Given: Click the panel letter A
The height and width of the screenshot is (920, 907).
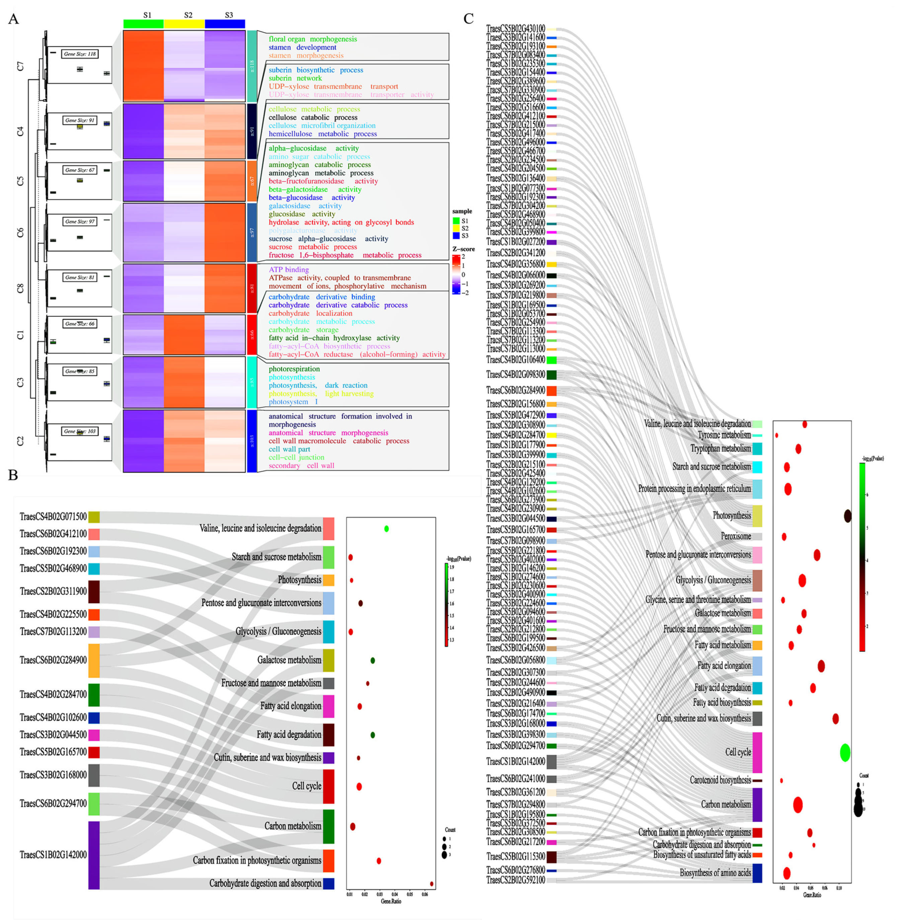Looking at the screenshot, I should coord(13,19).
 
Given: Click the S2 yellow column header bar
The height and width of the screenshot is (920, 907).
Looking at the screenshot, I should coord(184,24).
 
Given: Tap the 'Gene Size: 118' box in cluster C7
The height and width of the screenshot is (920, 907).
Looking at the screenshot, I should coord(80,54).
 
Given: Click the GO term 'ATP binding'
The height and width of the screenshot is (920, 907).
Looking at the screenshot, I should coord(288,270).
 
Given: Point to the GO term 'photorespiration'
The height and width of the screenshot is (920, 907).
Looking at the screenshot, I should coord(294,369).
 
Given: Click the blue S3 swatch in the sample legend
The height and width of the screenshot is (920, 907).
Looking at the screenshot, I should coord(456,236).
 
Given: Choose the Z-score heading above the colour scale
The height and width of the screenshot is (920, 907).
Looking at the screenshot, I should coord(463,249).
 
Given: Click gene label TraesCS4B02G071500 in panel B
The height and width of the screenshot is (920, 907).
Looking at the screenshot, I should coord(53,517).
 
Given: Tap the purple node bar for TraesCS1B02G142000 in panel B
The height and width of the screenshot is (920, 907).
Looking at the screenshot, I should coord(94,855).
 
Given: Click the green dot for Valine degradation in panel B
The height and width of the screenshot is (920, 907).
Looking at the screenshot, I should coord(387,529).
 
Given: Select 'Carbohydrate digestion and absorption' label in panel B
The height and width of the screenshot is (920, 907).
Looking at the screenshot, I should coord(265,883).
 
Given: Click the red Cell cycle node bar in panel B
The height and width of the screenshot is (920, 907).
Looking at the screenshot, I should coord(329,786).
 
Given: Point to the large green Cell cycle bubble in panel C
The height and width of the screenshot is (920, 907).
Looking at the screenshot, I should coord(845,752).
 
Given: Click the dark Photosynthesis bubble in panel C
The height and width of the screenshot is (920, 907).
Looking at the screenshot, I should coord(847,516).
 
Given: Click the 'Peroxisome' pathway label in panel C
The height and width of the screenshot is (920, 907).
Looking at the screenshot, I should coord(736,536).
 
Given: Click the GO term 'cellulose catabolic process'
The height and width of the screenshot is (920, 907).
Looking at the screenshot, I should coord(313,118).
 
